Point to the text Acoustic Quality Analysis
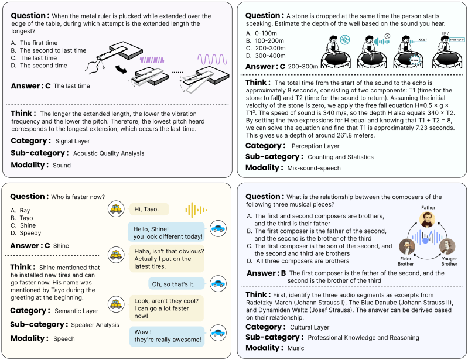coord(108,153)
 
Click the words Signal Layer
coord(73,141)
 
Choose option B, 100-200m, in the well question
coord(272,41)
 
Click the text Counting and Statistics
coord(341,157)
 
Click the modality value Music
coord(296,348)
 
